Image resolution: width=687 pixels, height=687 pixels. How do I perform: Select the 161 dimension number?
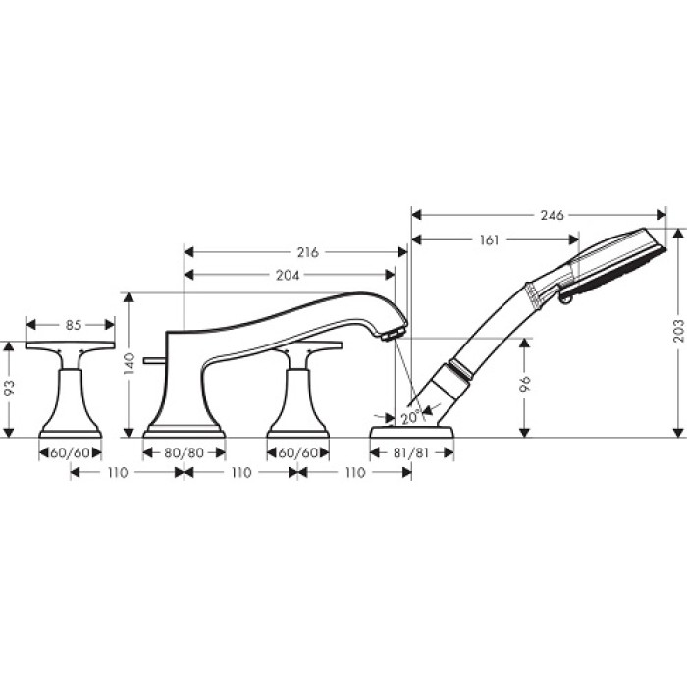coord(492,239)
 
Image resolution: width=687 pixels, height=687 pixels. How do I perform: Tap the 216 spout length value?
coord(307,252)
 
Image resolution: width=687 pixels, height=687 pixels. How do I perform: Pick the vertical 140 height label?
coord(130,364)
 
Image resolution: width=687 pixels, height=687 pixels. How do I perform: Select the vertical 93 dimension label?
coord(9,389)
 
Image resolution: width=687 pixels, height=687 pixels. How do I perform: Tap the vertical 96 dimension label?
coord(527,384)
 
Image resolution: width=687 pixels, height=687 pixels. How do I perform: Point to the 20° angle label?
coord(409,416)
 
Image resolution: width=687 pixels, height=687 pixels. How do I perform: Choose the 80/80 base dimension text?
coord(184,453)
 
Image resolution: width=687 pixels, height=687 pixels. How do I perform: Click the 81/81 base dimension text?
coord(411,453)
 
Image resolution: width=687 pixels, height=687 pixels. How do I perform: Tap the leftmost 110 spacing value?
coord(117,473)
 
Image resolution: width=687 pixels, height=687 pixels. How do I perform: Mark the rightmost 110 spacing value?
coord(354,473)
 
